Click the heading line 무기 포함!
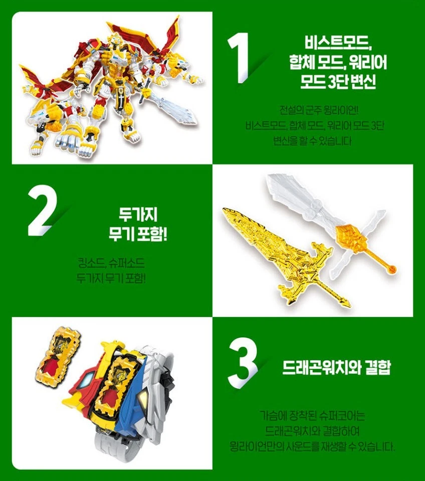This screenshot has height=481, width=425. tap(138, 234)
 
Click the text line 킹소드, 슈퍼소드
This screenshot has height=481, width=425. tap(111, 263)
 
